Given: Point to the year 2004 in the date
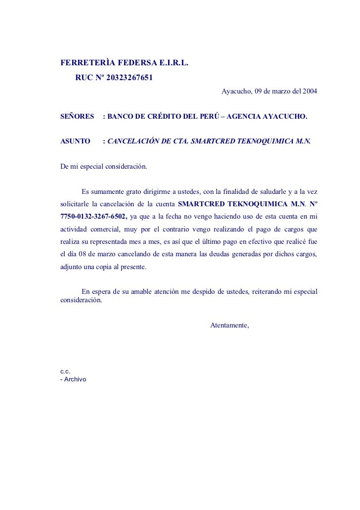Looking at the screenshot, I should pyautogui.click(x=310, y=92).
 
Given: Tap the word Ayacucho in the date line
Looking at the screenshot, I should pyautogui.click(x=236, y=92).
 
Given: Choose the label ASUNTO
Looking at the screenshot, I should pyautogui.click(x=75, y=141).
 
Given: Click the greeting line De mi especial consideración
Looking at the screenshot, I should pyautogui.click(x=103, y=166).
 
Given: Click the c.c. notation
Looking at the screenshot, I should pyautogui.click(x=65, y=371).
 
